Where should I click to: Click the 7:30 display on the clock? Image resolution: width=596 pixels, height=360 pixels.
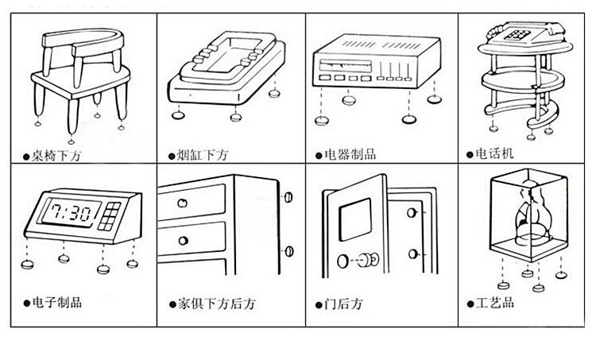[x=71, y=212]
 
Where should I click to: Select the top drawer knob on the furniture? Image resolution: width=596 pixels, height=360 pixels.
[x=182, y=205]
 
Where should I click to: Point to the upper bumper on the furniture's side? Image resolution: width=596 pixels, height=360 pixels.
[x=288, y=196]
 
